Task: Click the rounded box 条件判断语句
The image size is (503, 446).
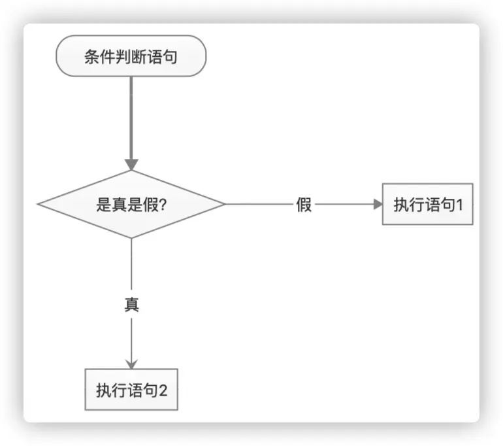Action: (x=131, y=56)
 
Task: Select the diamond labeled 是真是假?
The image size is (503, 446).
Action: (x=131, y=204)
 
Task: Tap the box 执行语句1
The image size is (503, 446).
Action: (x=428, y=205)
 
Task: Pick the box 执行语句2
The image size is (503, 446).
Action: (x=131, y=390)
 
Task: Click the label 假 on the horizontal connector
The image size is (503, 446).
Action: (x=304, y=205)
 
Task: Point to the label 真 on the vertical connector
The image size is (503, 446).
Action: (x=131, y=305)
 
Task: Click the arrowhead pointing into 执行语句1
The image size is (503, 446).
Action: (x=378, y=205)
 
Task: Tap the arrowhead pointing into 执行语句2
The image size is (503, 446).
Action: (x=131, y=363)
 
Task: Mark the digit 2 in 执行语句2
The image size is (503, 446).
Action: (x=163, y=391)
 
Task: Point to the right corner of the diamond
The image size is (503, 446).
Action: (x=224, y=204)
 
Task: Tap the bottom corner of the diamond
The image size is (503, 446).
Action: (x=131, y=237)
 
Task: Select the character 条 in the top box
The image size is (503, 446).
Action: (x=91, y=56)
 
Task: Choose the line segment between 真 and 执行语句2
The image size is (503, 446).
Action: (x=131, y=337)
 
